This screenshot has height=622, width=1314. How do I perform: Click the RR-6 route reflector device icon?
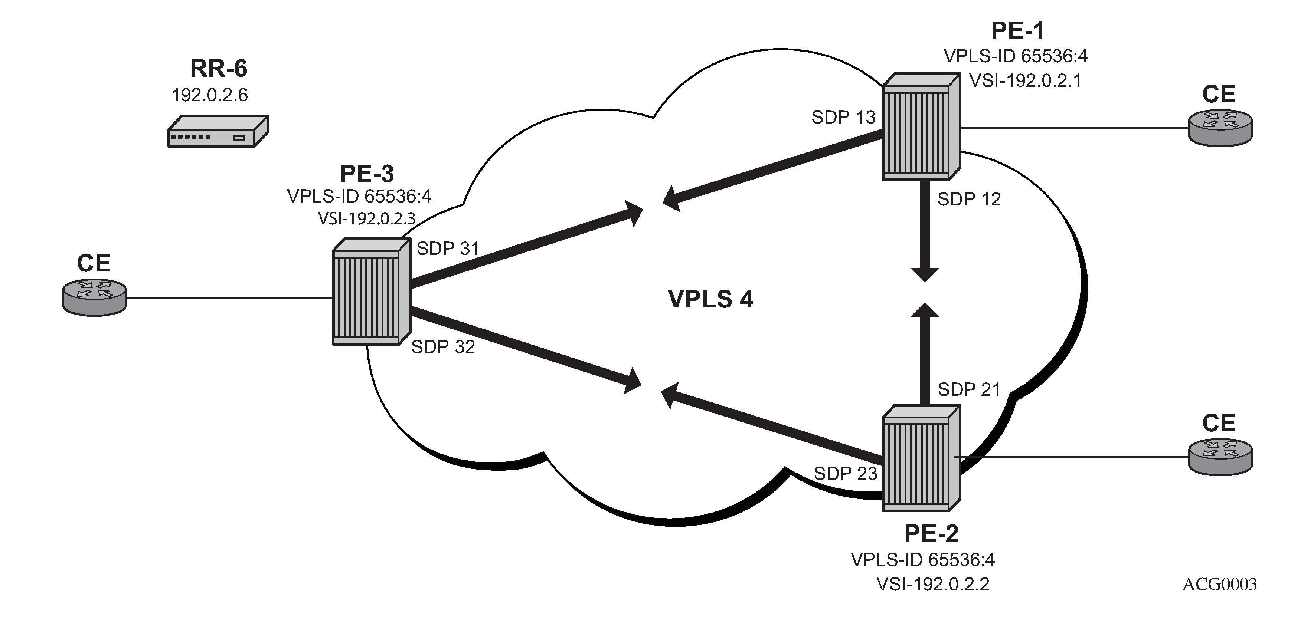(218, 132)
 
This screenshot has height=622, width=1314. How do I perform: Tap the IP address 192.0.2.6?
(210, 95)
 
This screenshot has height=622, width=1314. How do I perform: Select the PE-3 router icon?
(371, 292)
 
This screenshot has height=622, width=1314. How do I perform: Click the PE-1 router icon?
(921, 127)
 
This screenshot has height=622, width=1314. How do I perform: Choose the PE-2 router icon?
(921, 458)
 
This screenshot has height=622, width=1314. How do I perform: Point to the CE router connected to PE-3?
(94, 298)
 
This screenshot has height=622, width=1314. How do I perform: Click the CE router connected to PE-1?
(1220, 128)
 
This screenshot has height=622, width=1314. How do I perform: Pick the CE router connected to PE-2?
(1220, 457)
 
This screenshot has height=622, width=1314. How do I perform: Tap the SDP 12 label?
(969, 199)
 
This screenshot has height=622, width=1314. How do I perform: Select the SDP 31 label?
(448, 249)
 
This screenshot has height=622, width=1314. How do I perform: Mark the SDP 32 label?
(443, 347)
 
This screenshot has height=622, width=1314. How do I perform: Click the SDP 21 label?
(969, 389)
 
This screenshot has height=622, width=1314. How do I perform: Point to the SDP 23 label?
(845, 474)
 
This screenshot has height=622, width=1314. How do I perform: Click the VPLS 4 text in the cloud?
(710, 299)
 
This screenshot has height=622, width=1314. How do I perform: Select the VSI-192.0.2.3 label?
(367, 219)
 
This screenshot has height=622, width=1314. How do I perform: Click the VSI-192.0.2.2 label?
(932, 584)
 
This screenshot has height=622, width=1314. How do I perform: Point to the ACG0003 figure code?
(1219, 584)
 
